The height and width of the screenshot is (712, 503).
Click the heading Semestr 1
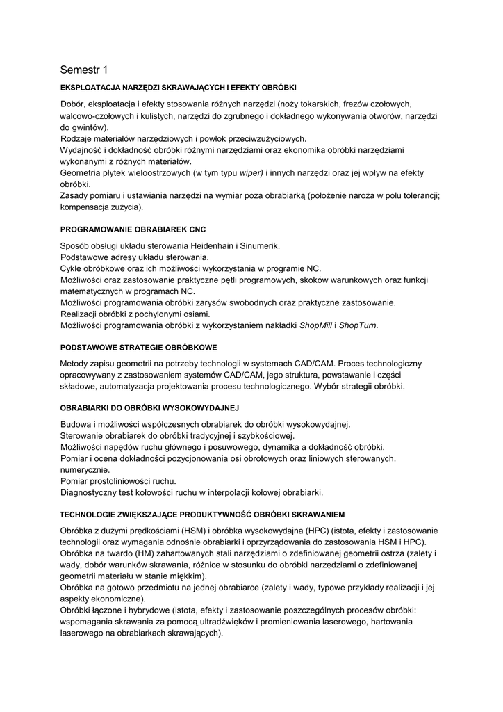[x=84, y=70]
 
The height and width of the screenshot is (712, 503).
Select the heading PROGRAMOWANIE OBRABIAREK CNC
[x=133, y=229]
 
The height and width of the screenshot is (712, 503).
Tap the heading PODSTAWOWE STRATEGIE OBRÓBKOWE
[x=139, y=346]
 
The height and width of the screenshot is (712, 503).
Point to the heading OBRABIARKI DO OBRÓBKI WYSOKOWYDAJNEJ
[x=150, y=407]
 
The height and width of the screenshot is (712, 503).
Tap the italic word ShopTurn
[x=358, y=325]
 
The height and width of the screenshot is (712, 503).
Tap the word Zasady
[x=75, y=195]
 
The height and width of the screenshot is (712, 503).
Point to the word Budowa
[x=76, y=424]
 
